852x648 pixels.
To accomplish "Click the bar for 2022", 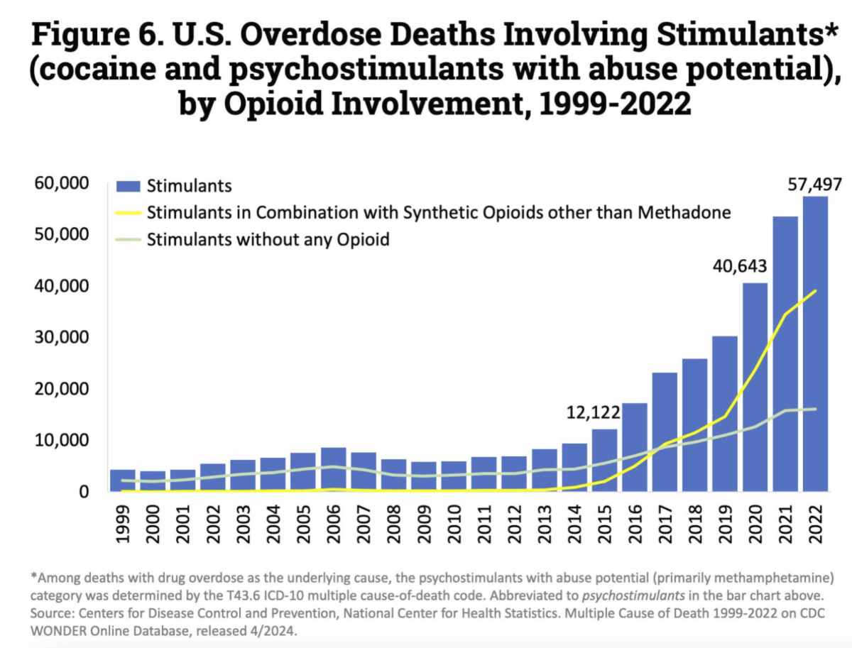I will coord(815,344).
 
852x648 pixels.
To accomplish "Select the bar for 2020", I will coord(755,387).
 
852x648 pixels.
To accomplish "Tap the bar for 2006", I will coord(334,469).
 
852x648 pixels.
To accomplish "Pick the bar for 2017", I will coord(665,432).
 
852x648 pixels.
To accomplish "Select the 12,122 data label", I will coord(594,412).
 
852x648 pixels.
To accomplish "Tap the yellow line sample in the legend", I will coord(129,213).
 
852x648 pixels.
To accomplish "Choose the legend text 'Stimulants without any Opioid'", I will coord(268,239).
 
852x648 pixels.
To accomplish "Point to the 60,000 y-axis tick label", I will coord(62,183).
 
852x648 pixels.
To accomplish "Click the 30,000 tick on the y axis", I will coord(62,337).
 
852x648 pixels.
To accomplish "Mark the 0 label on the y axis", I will coord(84,491).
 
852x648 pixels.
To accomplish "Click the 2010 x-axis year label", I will coord(454,522).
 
